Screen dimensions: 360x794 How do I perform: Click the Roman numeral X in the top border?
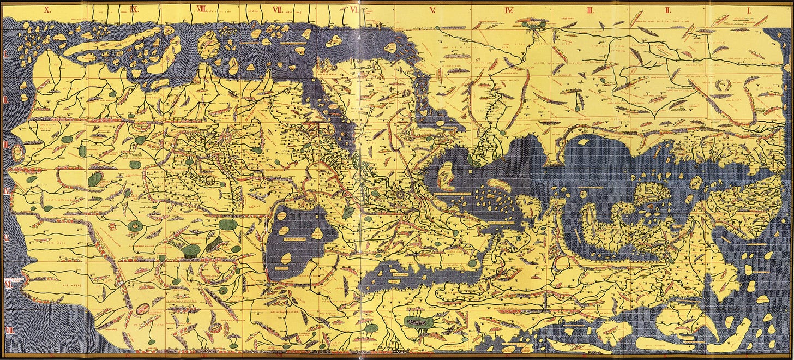(x=47, y=10)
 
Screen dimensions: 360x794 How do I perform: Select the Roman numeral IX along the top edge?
(x=134, y=10)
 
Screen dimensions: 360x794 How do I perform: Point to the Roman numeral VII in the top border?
(x=278, y=10)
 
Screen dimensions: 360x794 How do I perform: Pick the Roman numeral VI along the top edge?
(x=354, y=10)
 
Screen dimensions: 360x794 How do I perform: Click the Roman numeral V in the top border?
(x=432, y=10)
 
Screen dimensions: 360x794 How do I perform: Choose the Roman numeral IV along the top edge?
(x=510, y=10)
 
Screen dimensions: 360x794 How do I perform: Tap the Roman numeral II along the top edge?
(x=667, y=10)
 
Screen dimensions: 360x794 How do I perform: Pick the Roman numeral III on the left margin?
(x=7, y=145)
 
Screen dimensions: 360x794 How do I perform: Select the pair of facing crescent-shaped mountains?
(x=725, y=86)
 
